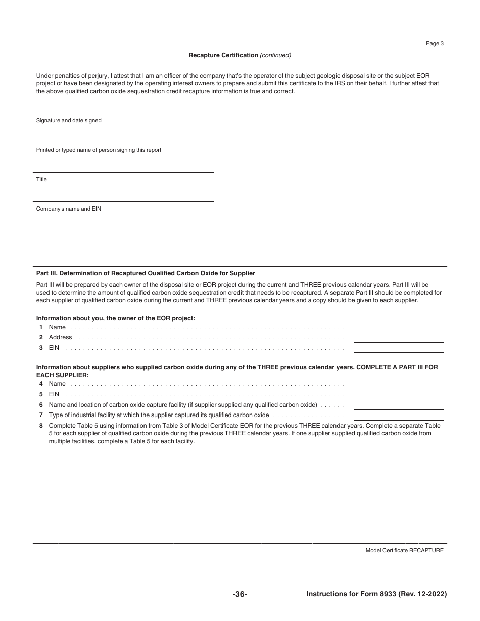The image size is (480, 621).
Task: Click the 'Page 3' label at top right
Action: [x=435, y=44]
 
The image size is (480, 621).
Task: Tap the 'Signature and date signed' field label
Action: [x=69, y=121]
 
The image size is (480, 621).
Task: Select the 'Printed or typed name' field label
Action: [x=99, y=150]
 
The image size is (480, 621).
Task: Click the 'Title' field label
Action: [x=41, y=179]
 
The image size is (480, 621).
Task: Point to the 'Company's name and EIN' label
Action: [x=69, y=209]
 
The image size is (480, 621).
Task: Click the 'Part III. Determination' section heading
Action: [x=146, y=273]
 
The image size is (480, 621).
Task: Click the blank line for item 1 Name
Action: [x=398, y=328]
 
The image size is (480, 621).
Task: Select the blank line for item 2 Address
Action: [x=398, y=338]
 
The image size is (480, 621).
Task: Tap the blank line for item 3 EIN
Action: [x=398, y=348]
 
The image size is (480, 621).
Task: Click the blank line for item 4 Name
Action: [x=398, y=385]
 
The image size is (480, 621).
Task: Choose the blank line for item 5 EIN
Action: [x=398, y=395]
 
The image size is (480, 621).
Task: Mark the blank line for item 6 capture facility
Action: [x=398, y=405]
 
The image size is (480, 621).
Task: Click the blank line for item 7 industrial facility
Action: [x=398, y=416]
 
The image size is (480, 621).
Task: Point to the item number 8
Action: [x=41, y=426]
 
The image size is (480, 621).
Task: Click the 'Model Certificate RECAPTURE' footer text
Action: [x=404, y=550]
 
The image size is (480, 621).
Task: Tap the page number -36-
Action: [x=239, y=594]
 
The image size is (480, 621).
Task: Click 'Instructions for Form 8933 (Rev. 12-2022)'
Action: [x=376, y=594]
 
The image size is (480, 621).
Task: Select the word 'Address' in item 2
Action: [x=60, y=337]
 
